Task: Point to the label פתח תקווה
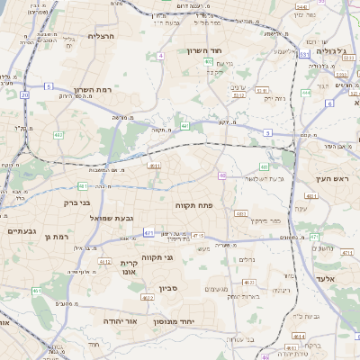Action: (x=193, y=205)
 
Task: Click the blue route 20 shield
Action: (x=25, y=94)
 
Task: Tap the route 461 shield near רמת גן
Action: (x=37, y=291)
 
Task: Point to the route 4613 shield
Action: (x=298, y=336)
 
